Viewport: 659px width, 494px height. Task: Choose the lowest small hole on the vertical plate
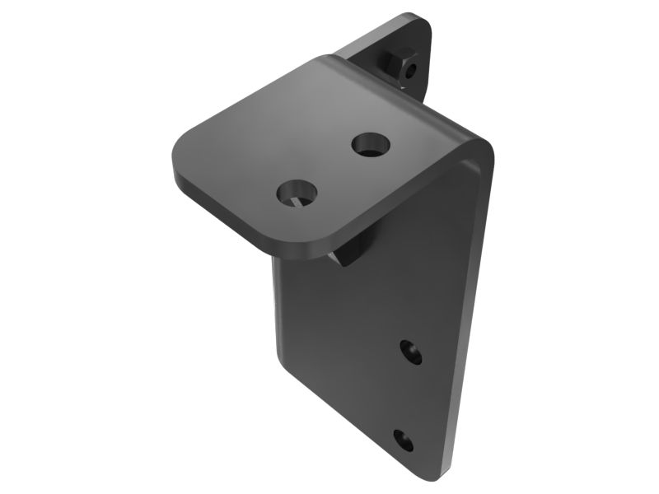point(403,438)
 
